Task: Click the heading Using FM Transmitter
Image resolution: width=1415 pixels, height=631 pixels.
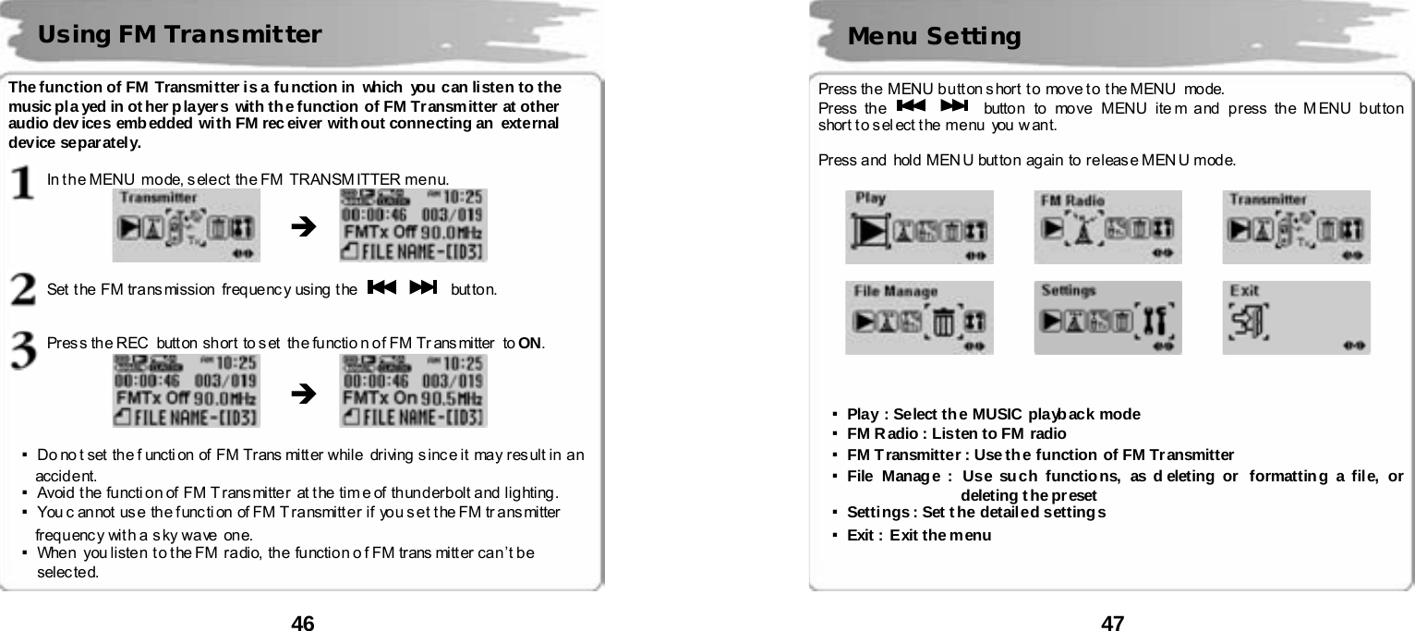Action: coord(179,35)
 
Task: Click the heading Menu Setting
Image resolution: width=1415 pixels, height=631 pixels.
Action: coord(934,37)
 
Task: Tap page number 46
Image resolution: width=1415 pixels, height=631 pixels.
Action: coord(303,623)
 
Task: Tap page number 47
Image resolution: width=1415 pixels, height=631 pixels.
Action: coord(1113,623)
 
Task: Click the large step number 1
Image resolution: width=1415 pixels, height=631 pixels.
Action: coord(24,181)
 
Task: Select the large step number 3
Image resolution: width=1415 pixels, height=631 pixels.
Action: coord(24,348)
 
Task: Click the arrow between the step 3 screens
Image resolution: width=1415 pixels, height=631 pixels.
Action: coord(301,394)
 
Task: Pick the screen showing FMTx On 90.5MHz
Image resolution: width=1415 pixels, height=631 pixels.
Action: coord(413,391)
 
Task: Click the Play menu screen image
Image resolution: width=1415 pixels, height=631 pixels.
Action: coord(919,227)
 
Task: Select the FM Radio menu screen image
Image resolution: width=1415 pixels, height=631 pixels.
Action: coord(1107,227)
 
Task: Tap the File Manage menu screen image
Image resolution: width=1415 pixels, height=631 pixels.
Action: coord(919,318)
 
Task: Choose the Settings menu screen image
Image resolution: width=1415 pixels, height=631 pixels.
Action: coord(1107,318)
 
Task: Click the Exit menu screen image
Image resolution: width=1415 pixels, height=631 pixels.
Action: coord(1296,318)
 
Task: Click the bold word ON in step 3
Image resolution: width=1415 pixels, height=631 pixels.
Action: coord(530,344)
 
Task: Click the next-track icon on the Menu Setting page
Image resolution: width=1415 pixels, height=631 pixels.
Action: coord(953,108)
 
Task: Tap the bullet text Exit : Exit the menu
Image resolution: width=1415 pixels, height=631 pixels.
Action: coord(919,536)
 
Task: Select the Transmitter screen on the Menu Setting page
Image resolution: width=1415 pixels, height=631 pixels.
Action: coord(1296,227)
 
